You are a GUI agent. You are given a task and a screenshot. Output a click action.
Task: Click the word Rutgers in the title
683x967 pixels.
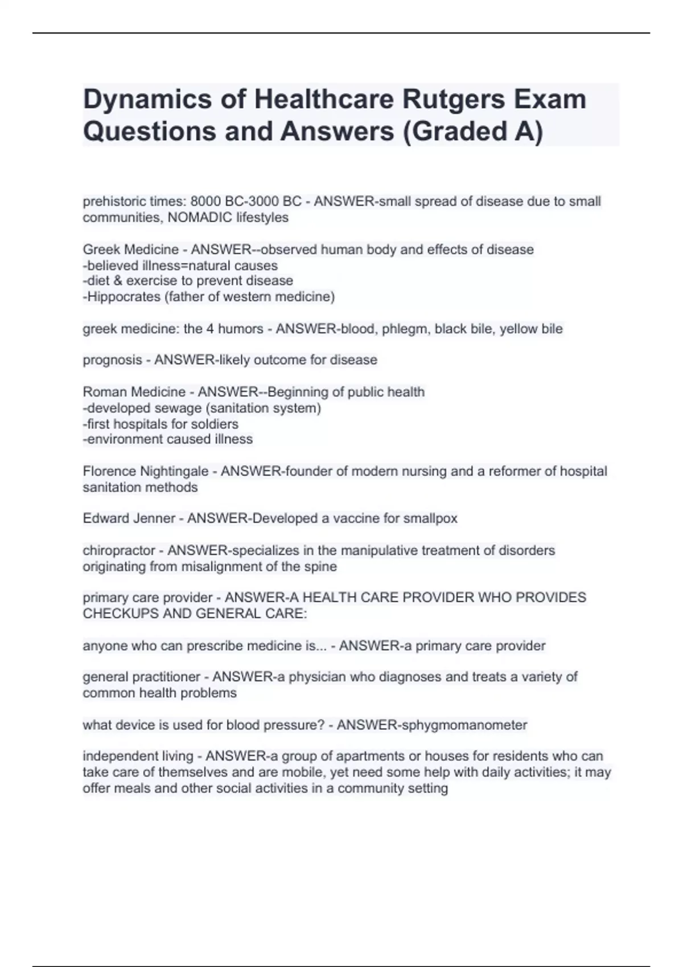pyautogui.click(x=447, y=100)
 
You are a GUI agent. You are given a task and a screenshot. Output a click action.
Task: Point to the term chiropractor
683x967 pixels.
pyautogui.click(x=118, y=551)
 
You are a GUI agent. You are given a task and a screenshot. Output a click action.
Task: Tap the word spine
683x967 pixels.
pyautogui.click(x=321, y=567)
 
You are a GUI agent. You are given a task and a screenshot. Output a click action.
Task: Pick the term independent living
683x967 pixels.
pyautogui.click(x=138, y=756)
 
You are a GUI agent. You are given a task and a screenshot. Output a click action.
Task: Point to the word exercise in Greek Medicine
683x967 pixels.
pyautogui.click(x=152, y=281)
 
